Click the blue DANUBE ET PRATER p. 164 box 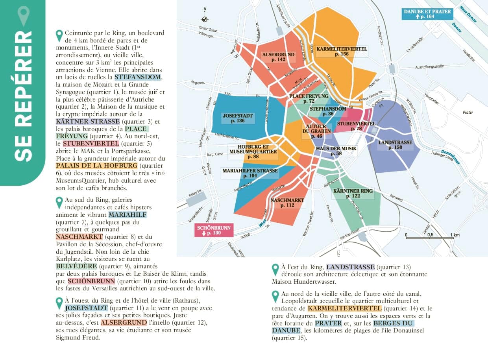(427, 14)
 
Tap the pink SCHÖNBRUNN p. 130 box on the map (214, 231)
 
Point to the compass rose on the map (205, 17)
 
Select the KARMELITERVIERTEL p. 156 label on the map (342, 52)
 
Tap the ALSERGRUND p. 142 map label (278, 57)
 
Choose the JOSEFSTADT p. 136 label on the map (238, 118)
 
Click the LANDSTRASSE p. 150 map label (395, 145)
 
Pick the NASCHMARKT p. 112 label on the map (287, 203)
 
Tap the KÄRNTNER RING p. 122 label (353, 193)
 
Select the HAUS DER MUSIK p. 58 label (336, 151)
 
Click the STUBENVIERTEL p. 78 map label (356, 126)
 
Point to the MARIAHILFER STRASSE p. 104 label (250, 174)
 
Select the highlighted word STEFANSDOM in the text (138, 77)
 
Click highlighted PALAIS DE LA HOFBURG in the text (96, 166)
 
